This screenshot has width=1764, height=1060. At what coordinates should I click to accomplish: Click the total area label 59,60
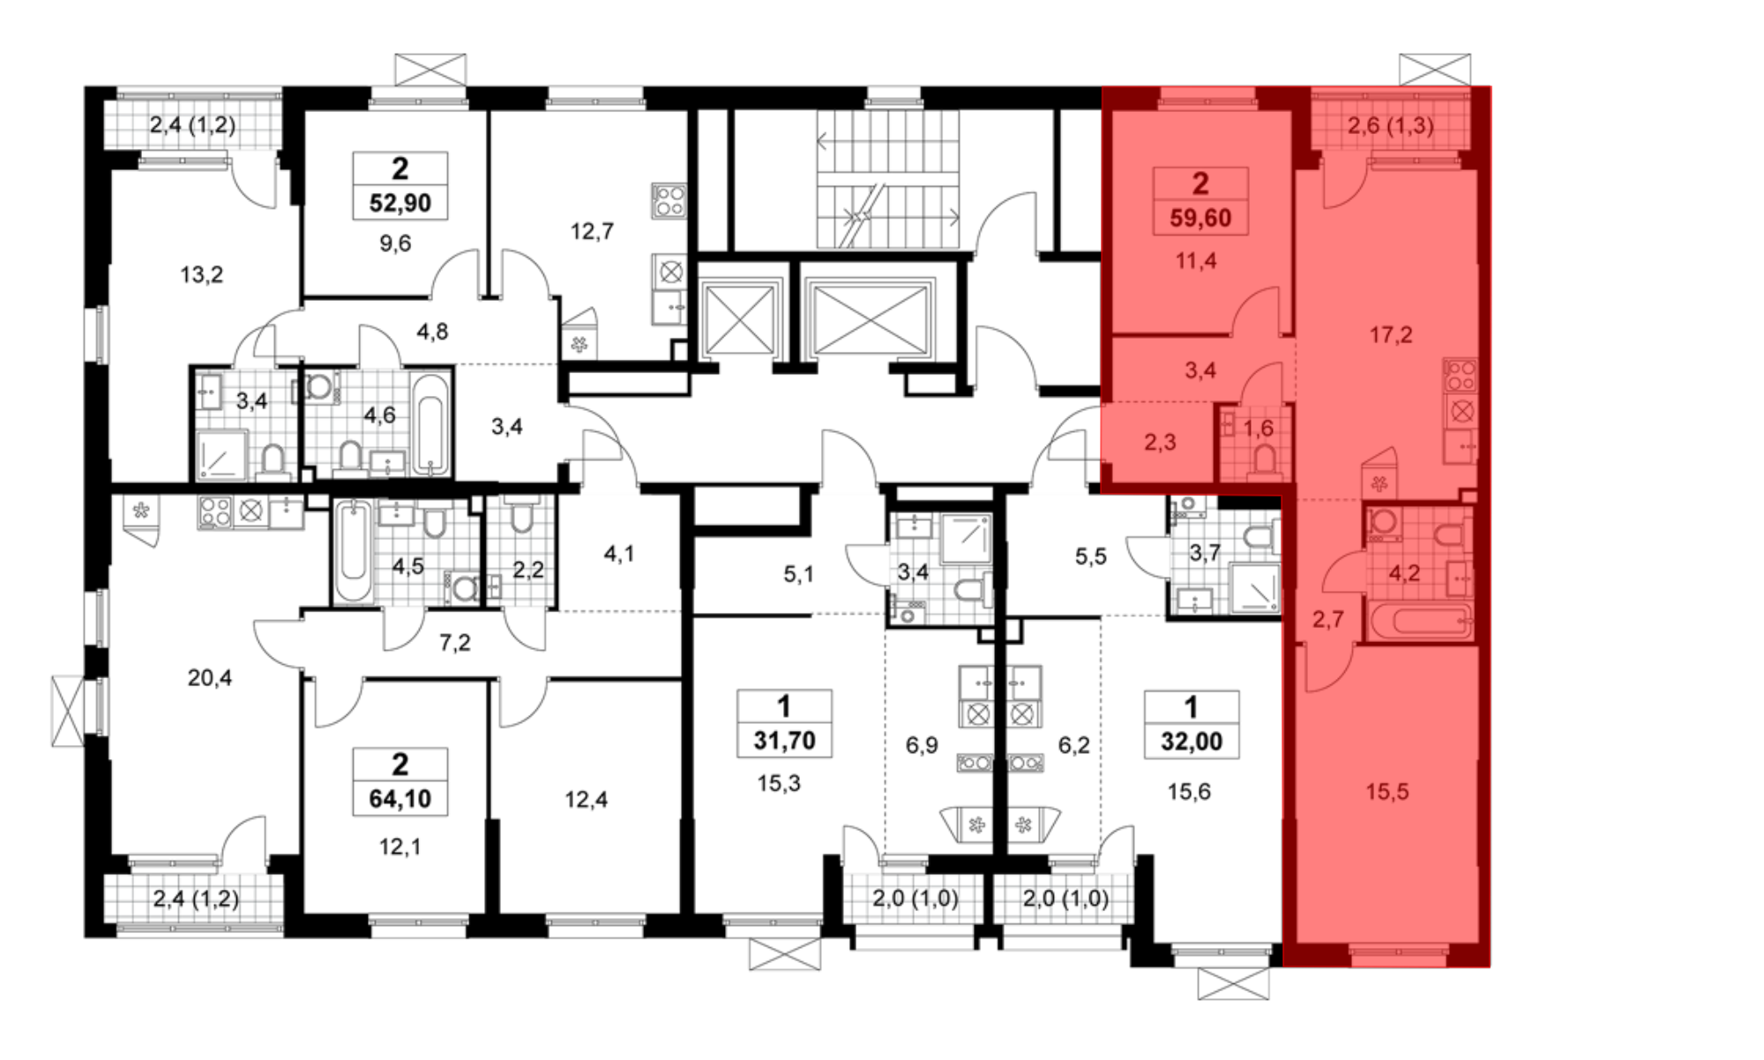coord(1200,217)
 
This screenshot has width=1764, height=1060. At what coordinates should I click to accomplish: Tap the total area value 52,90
coord(400,203)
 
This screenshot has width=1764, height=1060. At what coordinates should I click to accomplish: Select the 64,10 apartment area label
coord(400,798)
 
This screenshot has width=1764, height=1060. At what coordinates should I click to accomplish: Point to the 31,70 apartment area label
coord(784,740)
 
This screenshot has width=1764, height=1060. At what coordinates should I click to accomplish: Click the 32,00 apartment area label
coord(1192,741)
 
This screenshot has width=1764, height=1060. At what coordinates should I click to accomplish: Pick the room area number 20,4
coord(210,677)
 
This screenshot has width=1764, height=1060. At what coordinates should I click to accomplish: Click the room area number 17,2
coord(1391,334)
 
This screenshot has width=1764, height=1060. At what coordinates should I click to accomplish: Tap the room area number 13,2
coord(202,274)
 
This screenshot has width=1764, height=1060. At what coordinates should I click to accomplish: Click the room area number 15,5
coord(1387,792)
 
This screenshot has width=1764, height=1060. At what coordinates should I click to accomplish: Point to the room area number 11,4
coord(1196,260)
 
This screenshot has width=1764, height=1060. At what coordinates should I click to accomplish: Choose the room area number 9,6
coord(395,243)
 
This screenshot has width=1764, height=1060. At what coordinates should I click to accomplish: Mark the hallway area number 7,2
coord(455,642)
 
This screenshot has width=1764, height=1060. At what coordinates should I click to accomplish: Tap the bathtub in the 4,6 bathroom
coord(431,424)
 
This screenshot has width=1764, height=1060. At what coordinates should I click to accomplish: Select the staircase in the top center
coord(887,179)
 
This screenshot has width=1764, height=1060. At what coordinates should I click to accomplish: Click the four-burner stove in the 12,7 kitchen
coord(669,201)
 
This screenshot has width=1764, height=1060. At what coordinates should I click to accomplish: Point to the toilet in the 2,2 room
coord(521,518)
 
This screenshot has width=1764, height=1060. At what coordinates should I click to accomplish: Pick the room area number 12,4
coord(586,799)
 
